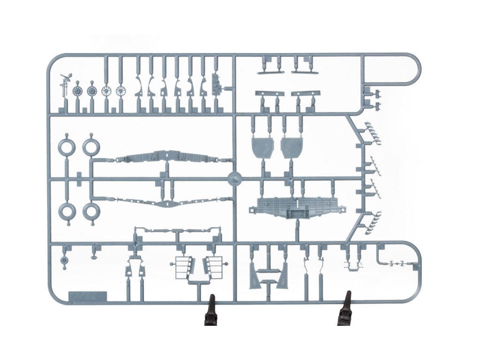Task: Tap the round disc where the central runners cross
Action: (x=234, y=179)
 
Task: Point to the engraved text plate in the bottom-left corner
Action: (x=87, y=297)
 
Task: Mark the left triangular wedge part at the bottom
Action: (x=257, y=277)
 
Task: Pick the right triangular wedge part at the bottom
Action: (x=283, y=277)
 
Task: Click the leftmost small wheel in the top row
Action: (x=78, y=90)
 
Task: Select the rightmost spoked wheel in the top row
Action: (x=121, y=90)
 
